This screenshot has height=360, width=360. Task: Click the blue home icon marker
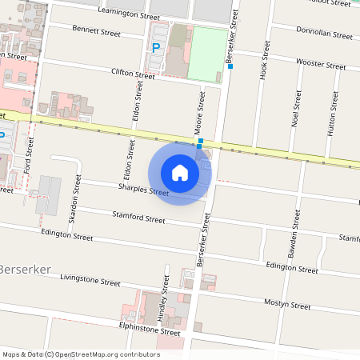[x=180, y=172]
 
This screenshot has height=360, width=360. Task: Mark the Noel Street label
[x=296, y=109]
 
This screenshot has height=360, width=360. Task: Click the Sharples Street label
[x=143, y=190]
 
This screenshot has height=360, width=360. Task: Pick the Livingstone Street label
[x=90, y=280]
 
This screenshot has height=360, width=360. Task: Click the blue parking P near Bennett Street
[x=156, y=47]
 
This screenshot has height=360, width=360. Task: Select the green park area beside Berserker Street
[x=206, y=53]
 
